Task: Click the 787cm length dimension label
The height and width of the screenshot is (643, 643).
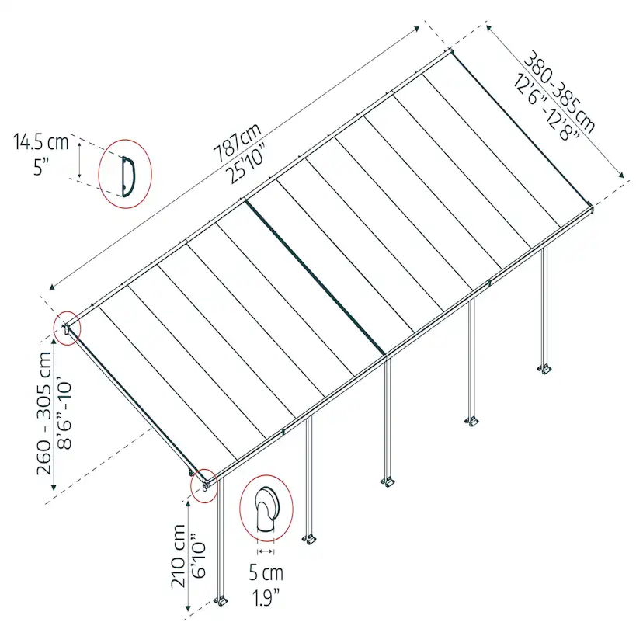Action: click(237, 142)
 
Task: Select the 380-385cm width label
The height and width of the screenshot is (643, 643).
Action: click(559, 92)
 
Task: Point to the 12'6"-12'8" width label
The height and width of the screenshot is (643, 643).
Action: click(546, 107)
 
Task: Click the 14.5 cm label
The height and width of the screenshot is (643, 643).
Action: click(40, 142)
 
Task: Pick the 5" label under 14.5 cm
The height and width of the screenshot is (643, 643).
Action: click(41, 167)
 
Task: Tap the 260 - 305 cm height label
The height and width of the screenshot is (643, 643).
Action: click(44, 413)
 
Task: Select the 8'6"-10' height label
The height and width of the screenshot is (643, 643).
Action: click(64, 415)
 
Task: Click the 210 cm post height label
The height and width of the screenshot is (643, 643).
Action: click(179, 555)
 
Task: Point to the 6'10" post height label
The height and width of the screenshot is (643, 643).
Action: click(200, 555)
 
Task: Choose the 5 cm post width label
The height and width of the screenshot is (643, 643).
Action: click(266, 573)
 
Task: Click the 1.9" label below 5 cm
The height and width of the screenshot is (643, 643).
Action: click(266, 598)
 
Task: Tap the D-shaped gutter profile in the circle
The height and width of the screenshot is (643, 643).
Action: click(128, 176)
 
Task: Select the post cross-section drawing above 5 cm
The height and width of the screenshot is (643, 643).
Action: click(267, 509)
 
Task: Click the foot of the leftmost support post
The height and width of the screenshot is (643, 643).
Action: click(221, 601)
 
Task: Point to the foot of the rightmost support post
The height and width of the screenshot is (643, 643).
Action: click(544, 369)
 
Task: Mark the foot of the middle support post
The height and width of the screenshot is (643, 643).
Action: click(388, 482)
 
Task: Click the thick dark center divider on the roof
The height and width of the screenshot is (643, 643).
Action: click(315, 276)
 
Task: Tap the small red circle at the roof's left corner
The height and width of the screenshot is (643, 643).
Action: click(68, 328)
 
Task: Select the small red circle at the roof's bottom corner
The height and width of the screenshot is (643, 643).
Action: click(203, 485)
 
